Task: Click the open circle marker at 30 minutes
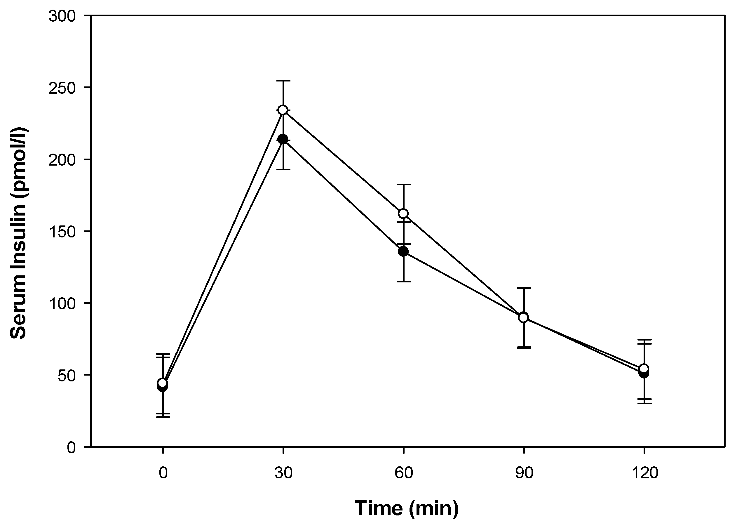click(283, 110)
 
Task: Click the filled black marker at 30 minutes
click(283, 139)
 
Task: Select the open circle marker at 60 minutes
click(403, 213)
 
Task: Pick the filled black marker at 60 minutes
click(403, 251)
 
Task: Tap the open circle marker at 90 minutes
click(524, 317)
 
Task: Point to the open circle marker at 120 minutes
click(644, 368)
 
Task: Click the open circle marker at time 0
click(163, 383)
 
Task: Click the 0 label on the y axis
click(71, 447)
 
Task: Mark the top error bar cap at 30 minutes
click(283, 81)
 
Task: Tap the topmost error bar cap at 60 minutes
click(403, 185)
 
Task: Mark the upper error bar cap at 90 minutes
click(524, 288)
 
